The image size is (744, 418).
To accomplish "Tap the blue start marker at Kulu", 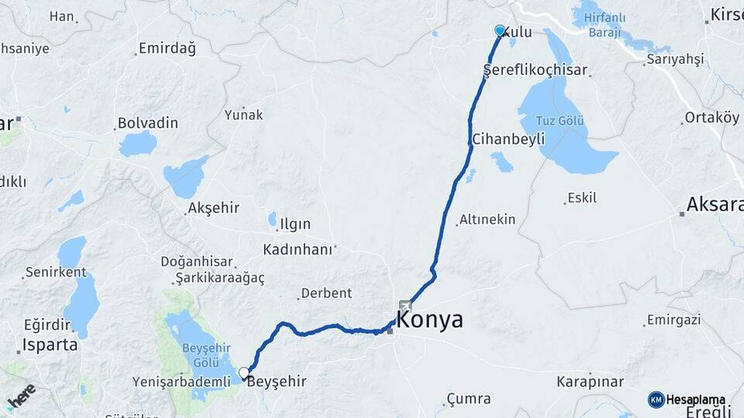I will click(x=500, y=31).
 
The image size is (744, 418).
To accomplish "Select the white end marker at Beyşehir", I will click(x=244, y=373).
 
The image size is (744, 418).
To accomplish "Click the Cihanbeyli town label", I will click(x=508, y=139).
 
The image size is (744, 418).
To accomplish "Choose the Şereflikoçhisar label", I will click(x=536, y=70).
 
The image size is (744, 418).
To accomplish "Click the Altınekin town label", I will click(x=487, y=220).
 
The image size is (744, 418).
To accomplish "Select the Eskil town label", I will click(x=582, y=198).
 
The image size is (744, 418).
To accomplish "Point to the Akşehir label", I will click(x=214, y=208).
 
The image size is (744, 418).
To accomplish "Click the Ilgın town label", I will click(x=295, y=224).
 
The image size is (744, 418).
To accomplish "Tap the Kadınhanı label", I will click(x=298, y=249).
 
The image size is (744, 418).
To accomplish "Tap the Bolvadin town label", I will click(x=148, y=123).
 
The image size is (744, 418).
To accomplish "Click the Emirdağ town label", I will click(x=167, y=49).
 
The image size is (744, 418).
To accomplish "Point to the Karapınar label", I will click(x=590, y=382).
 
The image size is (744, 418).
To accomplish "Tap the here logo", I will click(x=21, y=397).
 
